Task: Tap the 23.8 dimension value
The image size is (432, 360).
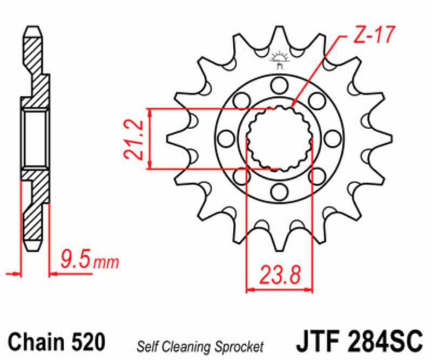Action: pos(279,275)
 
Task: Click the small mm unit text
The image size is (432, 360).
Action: pos(106,264)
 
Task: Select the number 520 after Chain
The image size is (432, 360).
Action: pos(87,342)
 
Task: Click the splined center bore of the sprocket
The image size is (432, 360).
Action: pos(279,139)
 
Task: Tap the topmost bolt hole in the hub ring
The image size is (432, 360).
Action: pos(279,85)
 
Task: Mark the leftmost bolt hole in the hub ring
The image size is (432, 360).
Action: pos(226,139)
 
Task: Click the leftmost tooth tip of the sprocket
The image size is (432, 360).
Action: pos(169,138)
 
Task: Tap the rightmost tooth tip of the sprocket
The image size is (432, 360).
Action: pos(389,138)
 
